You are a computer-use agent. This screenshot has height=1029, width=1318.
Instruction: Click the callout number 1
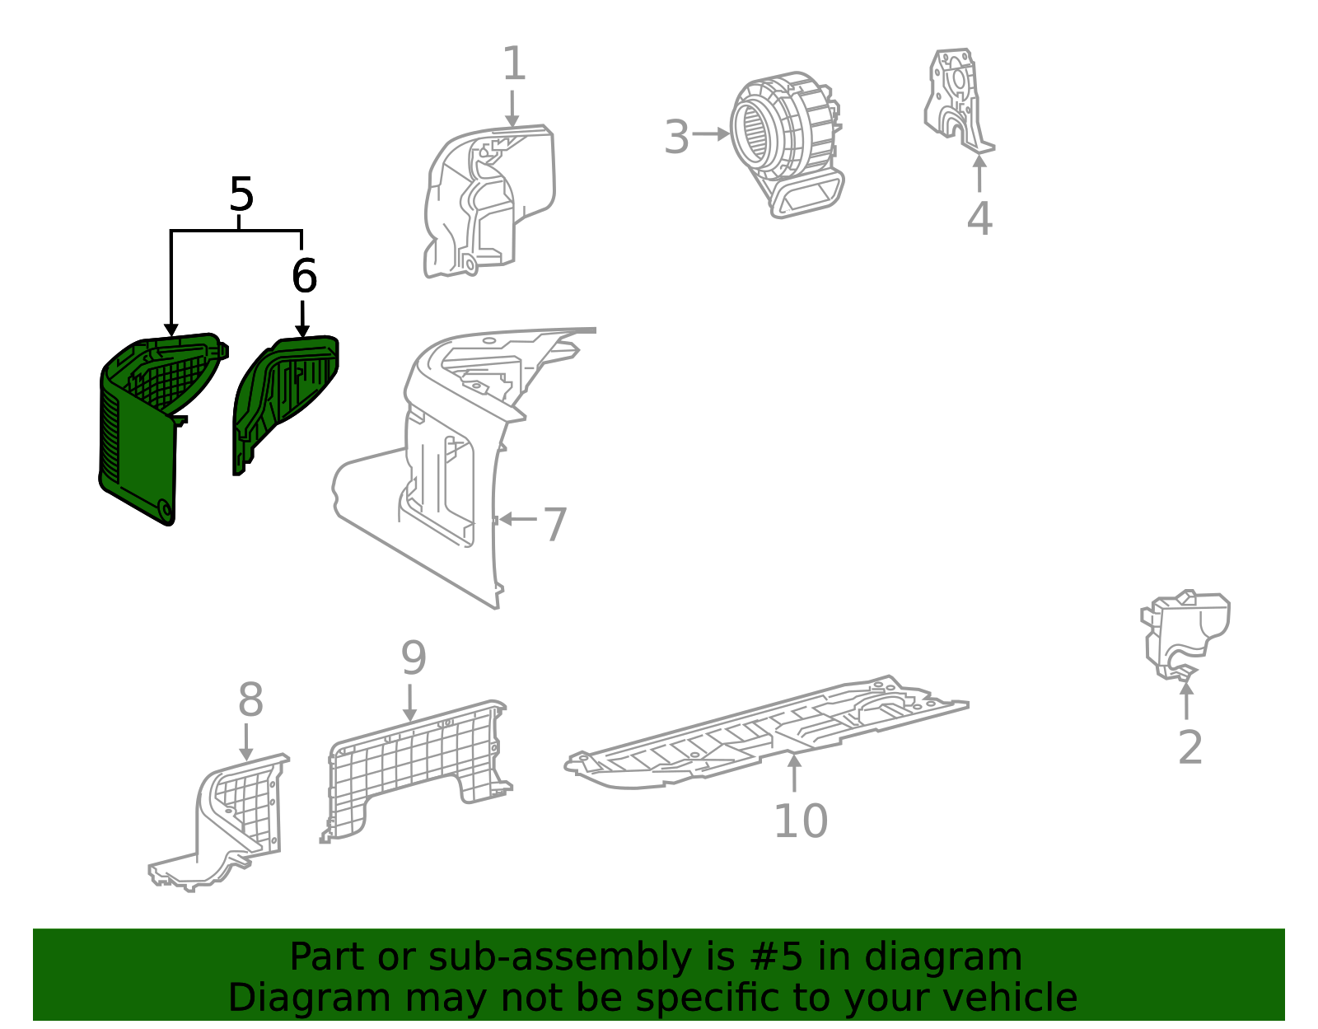pyautogui.click(x=513, y=64)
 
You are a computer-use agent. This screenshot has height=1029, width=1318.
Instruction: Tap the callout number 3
pyautogui.click(x=676, y=137)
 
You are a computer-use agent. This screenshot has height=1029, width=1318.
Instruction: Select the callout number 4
pyautogui.click(x=979, y=219)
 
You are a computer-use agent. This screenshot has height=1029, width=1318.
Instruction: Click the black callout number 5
pyautogui.click(x=241, y=196)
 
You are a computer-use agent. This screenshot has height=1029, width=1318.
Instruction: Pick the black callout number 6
pyautogui.click(x=304, y=276)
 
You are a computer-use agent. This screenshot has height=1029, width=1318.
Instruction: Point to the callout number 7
pyautogui.click(x=555, y=524)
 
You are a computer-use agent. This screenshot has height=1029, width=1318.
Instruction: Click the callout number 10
pyautogui.click(x=800, y=821)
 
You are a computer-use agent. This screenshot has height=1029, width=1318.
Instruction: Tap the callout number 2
pyautogui.click(x=1189, y=748)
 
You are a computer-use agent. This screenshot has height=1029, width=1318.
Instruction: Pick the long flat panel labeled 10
pyautogui.click(x=766, y=733)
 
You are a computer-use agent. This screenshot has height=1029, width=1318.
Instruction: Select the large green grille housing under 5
pyautogui.click(x=140, y=437)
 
